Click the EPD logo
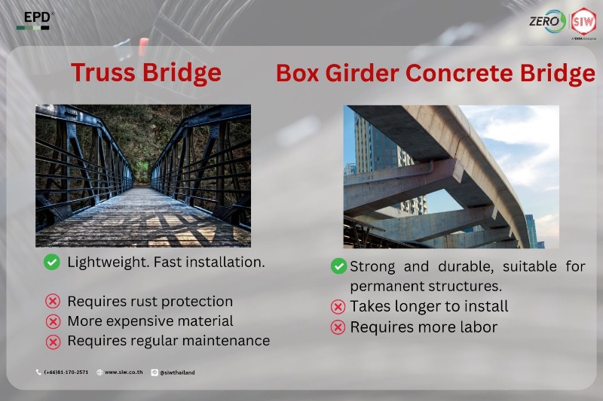[34, 20]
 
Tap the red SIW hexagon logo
[583, 22]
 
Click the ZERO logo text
[544, 21]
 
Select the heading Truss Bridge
[146, 73]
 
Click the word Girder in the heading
[362, 73]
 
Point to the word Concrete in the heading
[459, 72]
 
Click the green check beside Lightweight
[52, 263]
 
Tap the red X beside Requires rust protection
[53, 301]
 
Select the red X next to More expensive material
[53, 321]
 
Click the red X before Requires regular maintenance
[53, 342]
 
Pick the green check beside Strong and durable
[338, 266]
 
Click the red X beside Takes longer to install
[338, 307]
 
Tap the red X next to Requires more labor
[338, 327]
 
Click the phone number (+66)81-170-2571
[66, 372]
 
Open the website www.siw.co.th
[124, 372]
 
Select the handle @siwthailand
[177, 372]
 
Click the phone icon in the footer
[38, 372]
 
